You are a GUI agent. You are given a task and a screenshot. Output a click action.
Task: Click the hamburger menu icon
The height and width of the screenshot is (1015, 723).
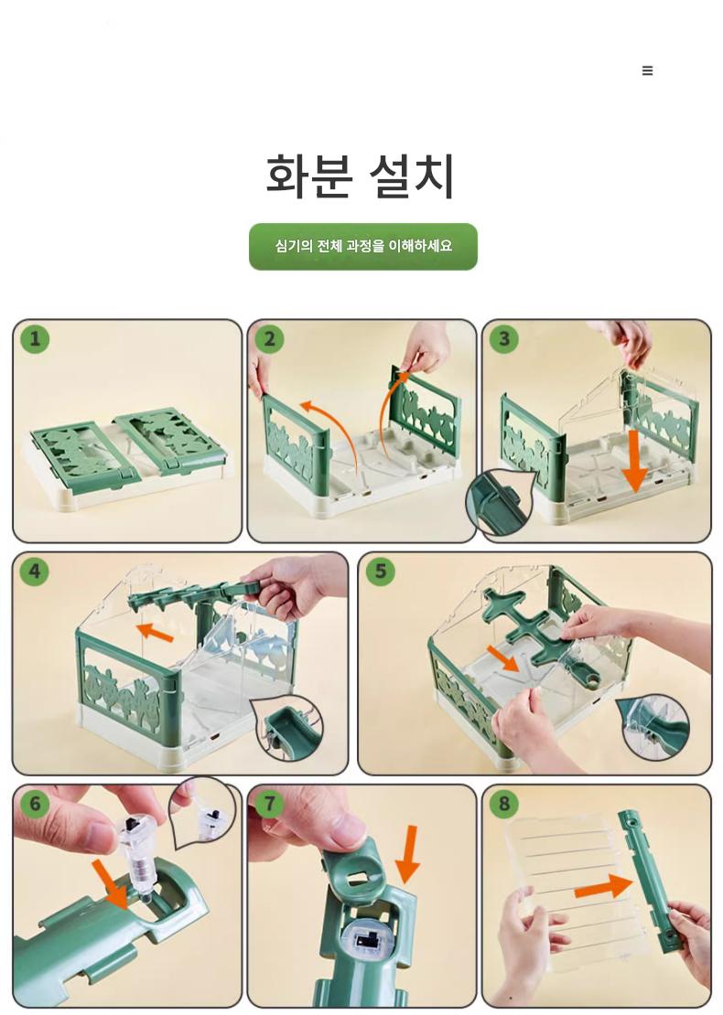pyautogui.click(x=647, y=70)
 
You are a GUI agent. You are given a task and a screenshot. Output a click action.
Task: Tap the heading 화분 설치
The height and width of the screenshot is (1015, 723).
pyautogui.click(x=361, y=176)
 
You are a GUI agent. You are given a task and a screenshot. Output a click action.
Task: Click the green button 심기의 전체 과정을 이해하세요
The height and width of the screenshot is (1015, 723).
pyautogui.click(x=362, y=247)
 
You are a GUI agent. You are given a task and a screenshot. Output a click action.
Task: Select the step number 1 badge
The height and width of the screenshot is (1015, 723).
pyautogui.click(x=35, y=338)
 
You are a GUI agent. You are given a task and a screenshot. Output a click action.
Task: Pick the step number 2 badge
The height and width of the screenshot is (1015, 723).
pyautogui.click(x=269, y=338)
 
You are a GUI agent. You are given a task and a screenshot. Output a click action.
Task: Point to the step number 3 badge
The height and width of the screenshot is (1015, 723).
pyautogui.click(x=504, y=338)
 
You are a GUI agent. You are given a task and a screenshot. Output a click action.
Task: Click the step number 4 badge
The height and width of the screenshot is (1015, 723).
pyautogui.click(x=35, y=571)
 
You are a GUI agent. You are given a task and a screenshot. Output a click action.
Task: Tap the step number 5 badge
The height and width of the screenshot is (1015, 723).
pyautogui.click(x=381, y=571)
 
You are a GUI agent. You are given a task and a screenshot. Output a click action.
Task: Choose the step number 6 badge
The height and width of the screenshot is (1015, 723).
pyautogui.click(x=35, y=804)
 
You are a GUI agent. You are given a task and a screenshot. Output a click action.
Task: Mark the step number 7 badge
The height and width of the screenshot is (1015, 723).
pyautogui.click(x=269, y=804)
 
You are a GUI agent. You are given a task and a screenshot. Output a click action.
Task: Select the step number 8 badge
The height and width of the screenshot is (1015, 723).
pyautogui.click(x=504, y=804)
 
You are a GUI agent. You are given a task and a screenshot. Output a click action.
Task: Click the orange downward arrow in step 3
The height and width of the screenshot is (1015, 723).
pyautogui.click(x=635, y=461)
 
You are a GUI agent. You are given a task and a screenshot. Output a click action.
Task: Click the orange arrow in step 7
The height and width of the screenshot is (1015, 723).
pyautogui.click(x=408, y=854)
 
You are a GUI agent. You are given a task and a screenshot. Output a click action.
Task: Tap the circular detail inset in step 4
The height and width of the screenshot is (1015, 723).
pyautogui.click(x=287, y=728)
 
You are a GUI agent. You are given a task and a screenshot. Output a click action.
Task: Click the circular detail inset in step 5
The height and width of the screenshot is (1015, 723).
pyautogui.click(x=654, y=728)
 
